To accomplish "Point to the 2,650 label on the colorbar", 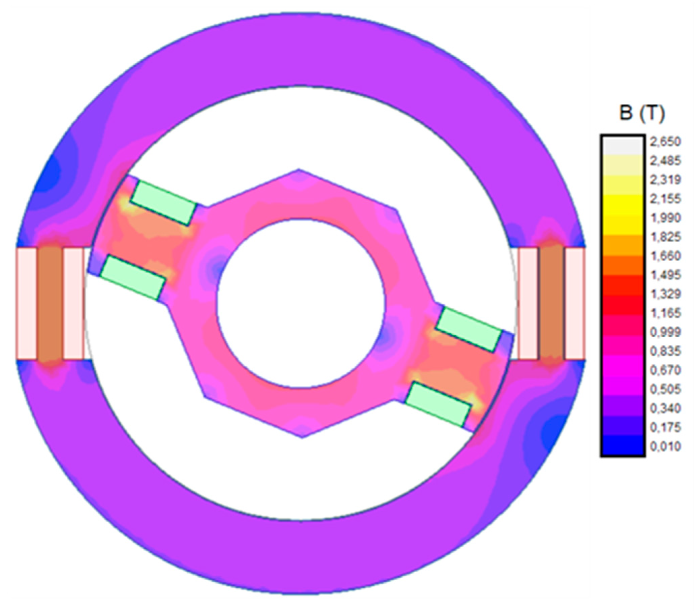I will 665,142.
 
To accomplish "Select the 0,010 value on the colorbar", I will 665,446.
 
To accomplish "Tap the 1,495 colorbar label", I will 665,275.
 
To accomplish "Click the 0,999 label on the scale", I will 665,332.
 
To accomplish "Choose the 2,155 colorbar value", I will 665,199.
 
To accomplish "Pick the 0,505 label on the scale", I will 665,389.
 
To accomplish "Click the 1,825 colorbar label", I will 665,237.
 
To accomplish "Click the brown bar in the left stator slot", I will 50,303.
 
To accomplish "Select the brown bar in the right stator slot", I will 551,303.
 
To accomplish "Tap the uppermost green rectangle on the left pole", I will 164,203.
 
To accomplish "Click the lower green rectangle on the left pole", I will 133,278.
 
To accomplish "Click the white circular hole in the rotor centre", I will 301,303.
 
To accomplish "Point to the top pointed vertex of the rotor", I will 299,170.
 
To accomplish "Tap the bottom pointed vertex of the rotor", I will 302,437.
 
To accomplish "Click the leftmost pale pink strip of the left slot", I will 26,303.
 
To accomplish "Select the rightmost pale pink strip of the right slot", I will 575,303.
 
